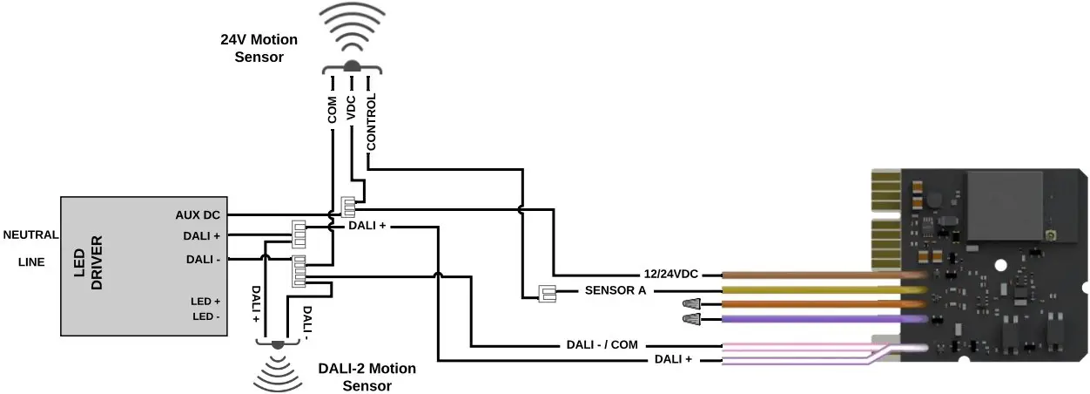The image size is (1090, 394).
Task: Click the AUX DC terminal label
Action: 198,214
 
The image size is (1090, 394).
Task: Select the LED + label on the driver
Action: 205,302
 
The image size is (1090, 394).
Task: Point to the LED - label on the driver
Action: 205,316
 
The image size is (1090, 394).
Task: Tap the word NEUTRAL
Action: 30,234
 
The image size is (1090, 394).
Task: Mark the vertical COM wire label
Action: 332,114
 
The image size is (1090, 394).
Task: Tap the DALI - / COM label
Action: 602,345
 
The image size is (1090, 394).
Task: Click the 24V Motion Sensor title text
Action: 259,49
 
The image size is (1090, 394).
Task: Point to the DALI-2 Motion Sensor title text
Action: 367,377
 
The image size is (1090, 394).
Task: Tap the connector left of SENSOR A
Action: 547,293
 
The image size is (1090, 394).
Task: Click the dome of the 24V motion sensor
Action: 352,66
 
